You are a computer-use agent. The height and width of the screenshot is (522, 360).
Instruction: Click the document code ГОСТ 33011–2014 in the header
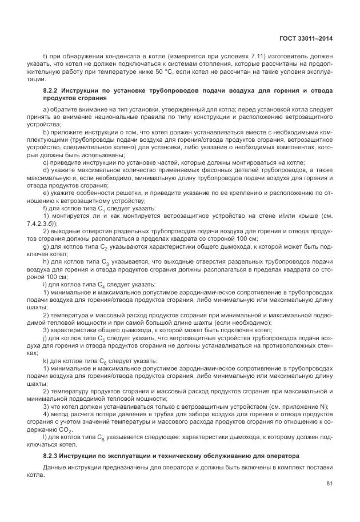click(x=306, y=38)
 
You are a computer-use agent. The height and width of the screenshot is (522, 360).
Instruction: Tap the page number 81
click(x=329, y=484)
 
